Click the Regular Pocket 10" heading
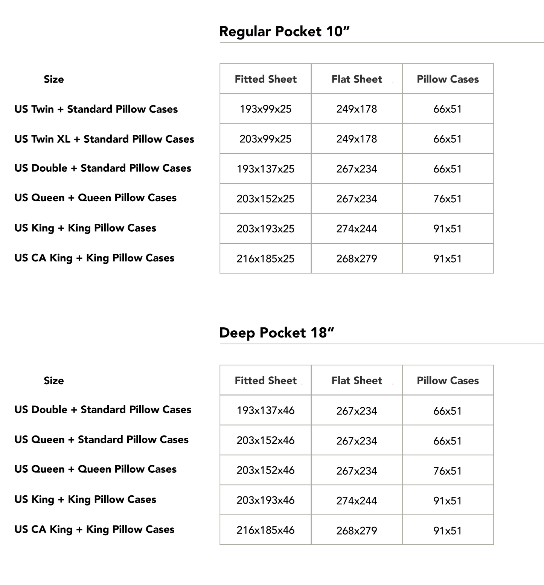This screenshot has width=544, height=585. [284, 31]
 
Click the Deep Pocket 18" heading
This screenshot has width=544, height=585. [277, 333]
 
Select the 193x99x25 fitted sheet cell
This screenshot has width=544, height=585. [265, 109]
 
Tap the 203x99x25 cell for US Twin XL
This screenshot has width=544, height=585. [265, 139]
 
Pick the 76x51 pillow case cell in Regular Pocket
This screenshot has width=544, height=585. [448, 199]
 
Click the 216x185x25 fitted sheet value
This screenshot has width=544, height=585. [265, 258]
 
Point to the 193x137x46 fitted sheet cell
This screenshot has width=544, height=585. [265, 410]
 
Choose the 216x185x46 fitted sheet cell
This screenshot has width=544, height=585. [265, 530]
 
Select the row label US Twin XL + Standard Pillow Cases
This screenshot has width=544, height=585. [104, 139]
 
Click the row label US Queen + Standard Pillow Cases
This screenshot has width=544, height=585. [101, 439]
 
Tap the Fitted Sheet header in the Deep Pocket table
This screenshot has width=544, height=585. [265, 380]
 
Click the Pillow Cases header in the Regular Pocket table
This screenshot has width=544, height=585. [448, 79]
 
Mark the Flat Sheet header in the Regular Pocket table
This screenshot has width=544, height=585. [357, 79]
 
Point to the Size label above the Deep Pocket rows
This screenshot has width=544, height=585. [54, 380]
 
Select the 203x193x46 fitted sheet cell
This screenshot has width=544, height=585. [265, 500]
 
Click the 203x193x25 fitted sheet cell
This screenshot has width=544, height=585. [265, 229]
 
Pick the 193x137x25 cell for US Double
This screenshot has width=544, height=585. [265, 169]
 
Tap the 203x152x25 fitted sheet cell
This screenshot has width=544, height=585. [265, 199]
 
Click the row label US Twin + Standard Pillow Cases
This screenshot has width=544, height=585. [96, 109]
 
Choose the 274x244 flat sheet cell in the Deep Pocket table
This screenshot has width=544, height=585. [357, 501]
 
